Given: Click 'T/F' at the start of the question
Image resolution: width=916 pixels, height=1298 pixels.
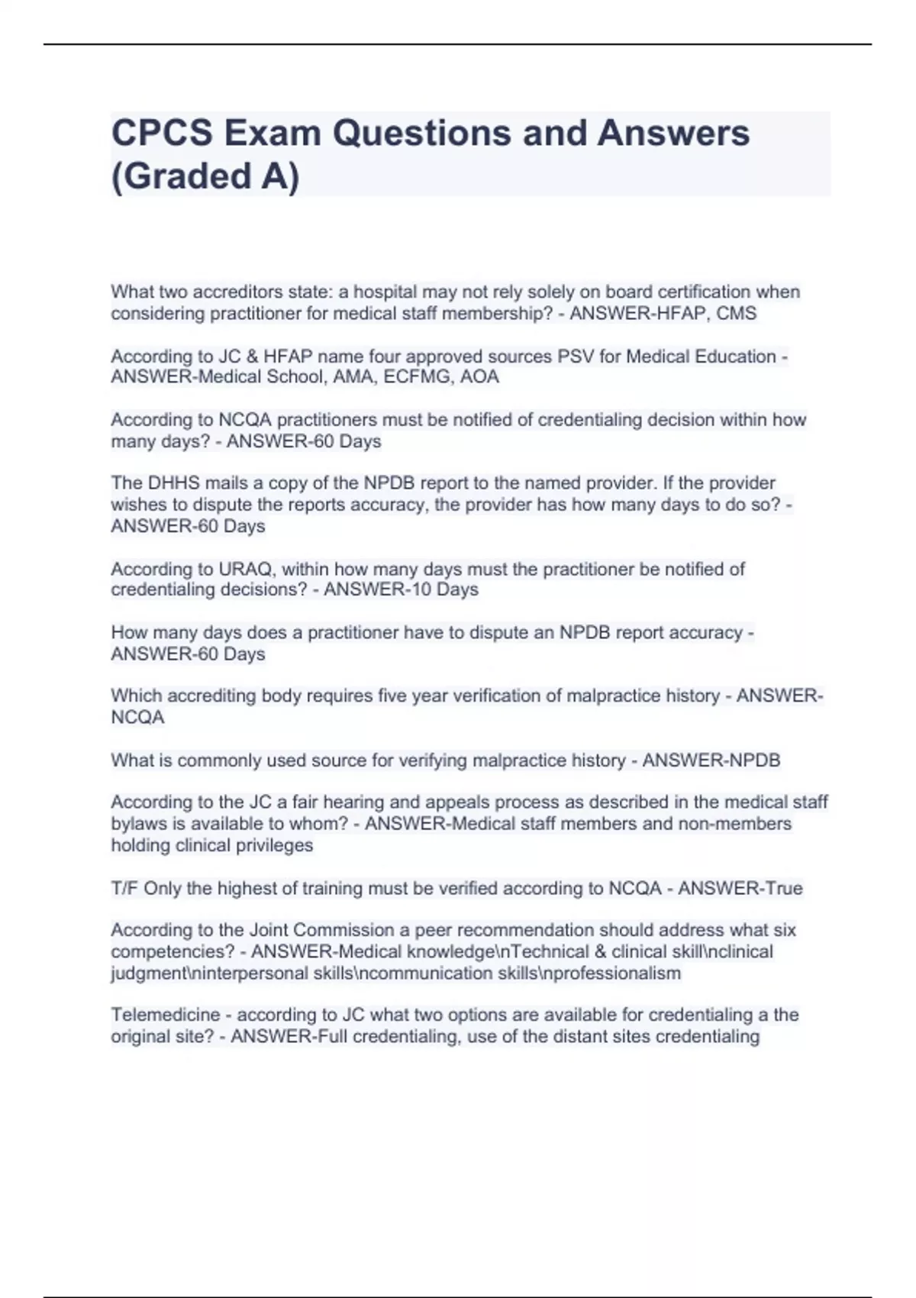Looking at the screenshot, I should (x=124, y=889).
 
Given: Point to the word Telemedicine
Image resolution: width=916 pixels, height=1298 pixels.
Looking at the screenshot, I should (x=165, y=1015).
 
